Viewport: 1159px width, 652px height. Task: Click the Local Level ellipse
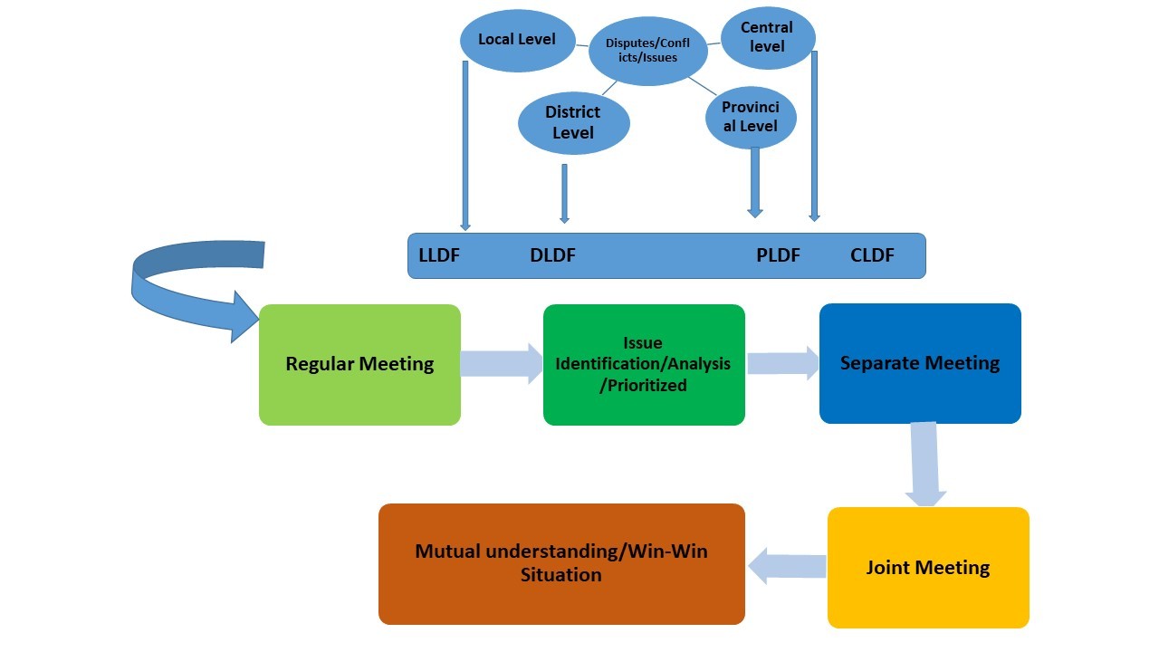coord(517,41)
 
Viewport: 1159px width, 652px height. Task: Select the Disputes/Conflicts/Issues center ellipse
coord(647,52)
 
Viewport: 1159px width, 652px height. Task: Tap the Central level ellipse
coord(767,37)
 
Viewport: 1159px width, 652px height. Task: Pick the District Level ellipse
coord(573,123)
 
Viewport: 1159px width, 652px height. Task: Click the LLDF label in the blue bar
coord(439,255)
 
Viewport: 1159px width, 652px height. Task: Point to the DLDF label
coord(552,255)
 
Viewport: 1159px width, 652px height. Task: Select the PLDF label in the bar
coord(778,255)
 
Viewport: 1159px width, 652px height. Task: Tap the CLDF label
coord(872,255)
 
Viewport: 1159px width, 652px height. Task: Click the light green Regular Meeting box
coord(359,365)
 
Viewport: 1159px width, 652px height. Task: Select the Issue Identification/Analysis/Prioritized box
coord(643,365)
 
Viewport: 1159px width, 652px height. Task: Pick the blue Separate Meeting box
coord(920,363)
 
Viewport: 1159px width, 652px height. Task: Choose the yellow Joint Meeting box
coord(928,568)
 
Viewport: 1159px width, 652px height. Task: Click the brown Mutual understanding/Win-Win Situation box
coord(561,564)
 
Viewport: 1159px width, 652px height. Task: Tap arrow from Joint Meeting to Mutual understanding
coord(786,566)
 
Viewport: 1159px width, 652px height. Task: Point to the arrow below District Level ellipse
coord(564,193)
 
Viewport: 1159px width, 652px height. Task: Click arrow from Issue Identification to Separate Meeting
coord(782,363)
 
